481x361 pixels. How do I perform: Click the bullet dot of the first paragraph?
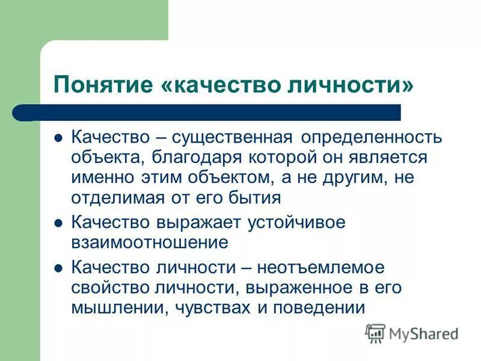(58, 137)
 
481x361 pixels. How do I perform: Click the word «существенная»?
(233, 137)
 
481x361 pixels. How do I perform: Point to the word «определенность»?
(372, 137)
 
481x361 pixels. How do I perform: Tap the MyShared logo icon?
(376, 333)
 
